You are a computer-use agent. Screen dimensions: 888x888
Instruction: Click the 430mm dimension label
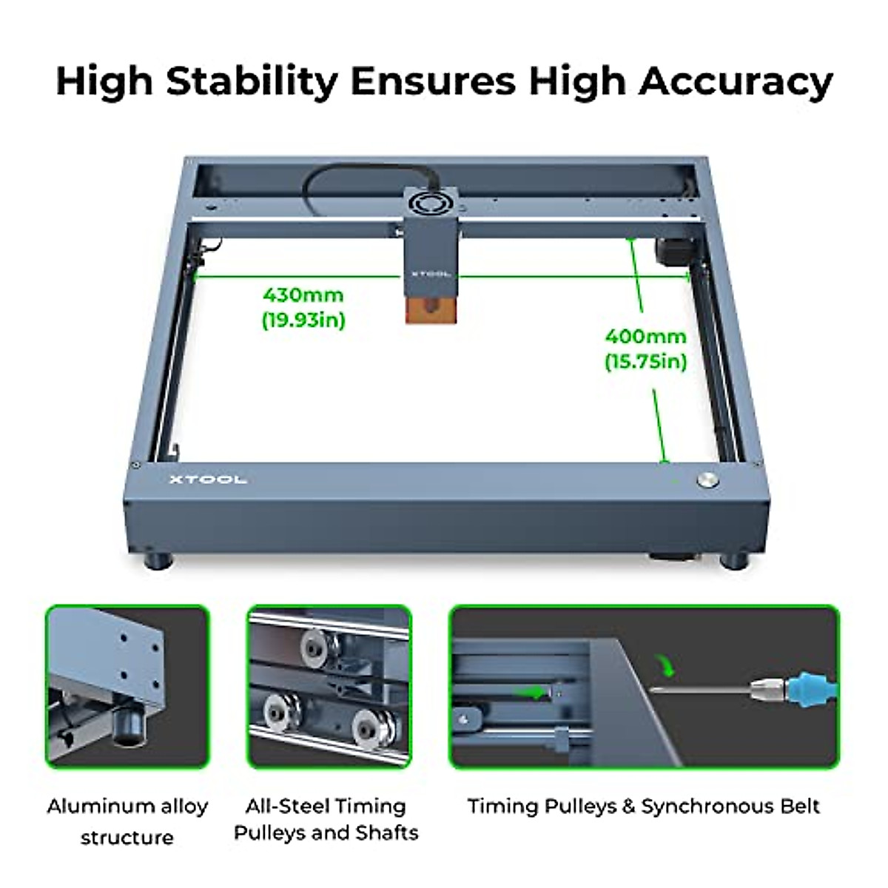[x=303, y=295]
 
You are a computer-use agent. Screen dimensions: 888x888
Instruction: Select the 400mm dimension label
[x=645, y=336]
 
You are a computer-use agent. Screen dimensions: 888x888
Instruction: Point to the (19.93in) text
[x=303, y=320]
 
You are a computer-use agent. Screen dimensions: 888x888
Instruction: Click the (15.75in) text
[x=645, y=362]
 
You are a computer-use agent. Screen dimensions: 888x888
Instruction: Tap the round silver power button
[x=707, y=479]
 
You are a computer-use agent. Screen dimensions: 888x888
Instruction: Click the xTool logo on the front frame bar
[x=208, y=480]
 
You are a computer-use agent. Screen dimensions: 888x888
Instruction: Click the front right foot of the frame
[x=736, y=559]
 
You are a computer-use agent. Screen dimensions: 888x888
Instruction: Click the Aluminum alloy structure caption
[x=127, y=821]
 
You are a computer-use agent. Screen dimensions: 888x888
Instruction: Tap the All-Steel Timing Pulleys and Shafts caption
[x=326, y=820]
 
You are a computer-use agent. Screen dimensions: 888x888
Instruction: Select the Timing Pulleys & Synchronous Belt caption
[x=643, y=807]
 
